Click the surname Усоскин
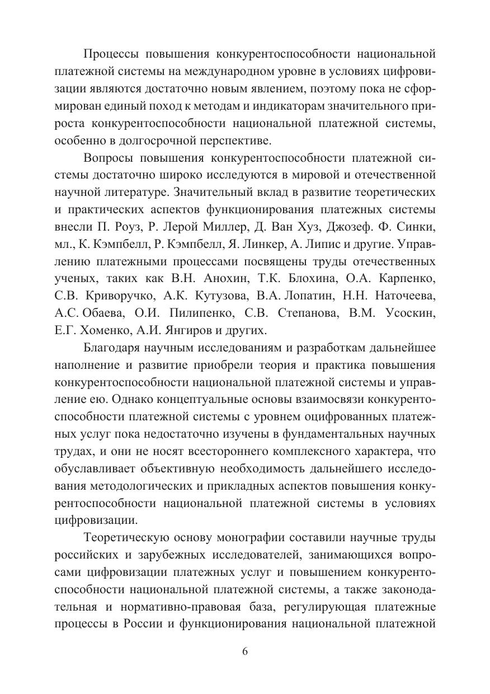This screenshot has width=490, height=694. (x=411, y=314)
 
